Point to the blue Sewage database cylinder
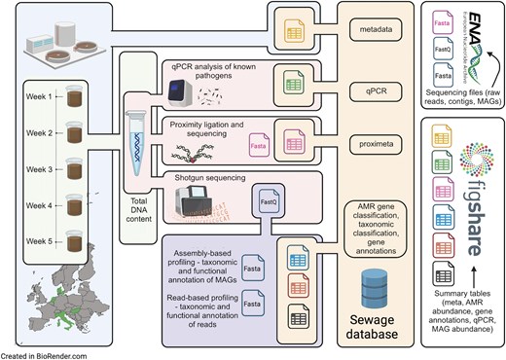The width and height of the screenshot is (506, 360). click(x=380, y=284)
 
